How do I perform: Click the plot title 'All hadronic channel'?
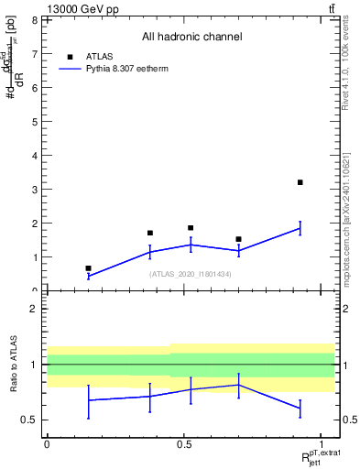(191, 38)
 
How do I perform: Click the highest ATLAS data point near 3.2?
(300, 182)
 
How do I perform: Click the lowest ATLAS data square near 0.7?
(88, 268)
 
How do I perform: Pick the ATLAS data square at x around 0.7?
(238, 239)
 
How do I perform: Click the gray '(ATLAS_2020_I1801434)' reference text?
(191, 274)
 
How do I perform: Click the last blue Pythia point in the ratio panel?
(300, 409)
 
